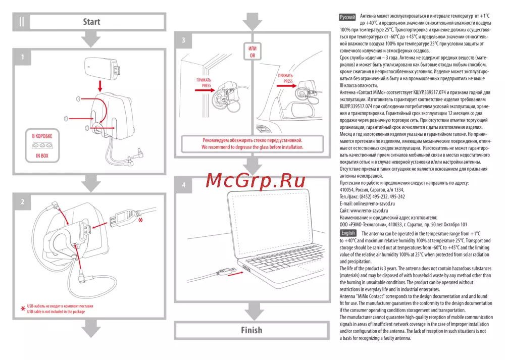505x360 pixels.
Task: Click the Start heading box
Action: pyautogui.click(x=91, y=22)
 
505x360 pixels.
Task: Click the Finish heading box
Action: pyautogui.click(x=251, y=330)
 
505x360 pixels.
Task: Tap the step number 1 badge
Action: pyautogui.click(x=22, y=58)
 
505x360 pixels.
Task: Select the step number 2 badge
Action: pyautogui.click(x=22, y=201)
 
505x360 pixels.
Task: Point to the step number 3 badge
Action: pyautogui.click(x=183, y=40)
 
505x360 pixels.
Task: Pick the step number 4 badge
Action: pyautogui.click(x=183, y=185)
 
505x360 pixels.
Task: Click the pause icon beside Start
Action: pyautogui.click(x=22, y=22)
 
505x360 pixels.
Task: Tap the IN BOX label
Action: pyautogui.click(x=42, y=156)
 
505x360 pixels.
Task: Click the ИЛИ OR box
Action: pyautogui.click(x=252, y=52)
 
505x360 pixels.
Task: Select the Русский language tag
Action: pyautogui.click(x=347, y=17)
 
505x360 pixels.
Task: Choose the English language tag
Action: pyautogui.click(x=348, y=233)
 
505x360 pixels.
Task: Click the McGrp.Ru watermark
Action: pyautogui.click(x=256, y=179)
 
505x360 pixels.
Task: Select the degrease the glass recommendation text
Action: pyautogui.click(x=252, y=143)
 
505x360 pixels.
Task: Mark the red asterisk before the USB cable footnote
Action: pyautogui.click(x=22, y=309)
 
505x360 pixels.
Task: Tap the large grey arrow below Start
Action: pyautogui.click(x=91, y=39)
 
